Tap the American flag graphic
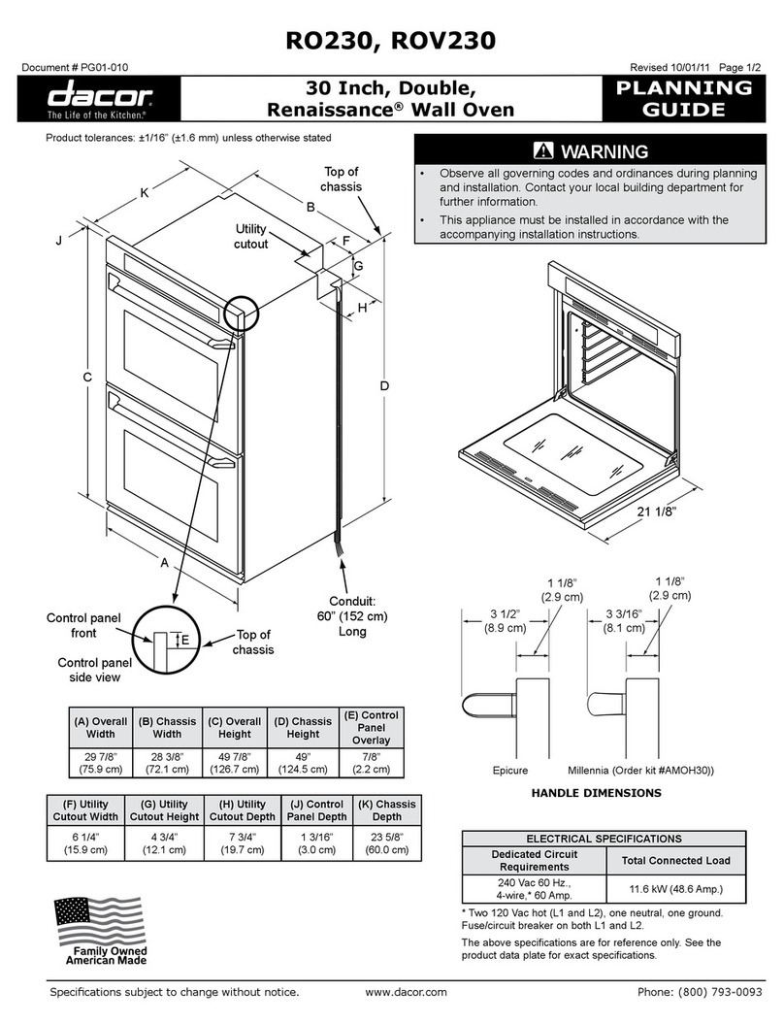point(97,917)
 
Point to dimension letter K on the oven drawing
point(145,193)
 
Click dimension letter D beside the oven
point(384,387)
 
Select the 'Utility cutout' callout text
point(250,236)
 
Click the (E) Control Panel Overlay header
point(367,728)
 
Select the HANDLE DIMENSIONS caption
point(596,793)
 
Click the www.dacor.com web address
point(406,992)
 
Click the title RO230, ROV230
point(391,39)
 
